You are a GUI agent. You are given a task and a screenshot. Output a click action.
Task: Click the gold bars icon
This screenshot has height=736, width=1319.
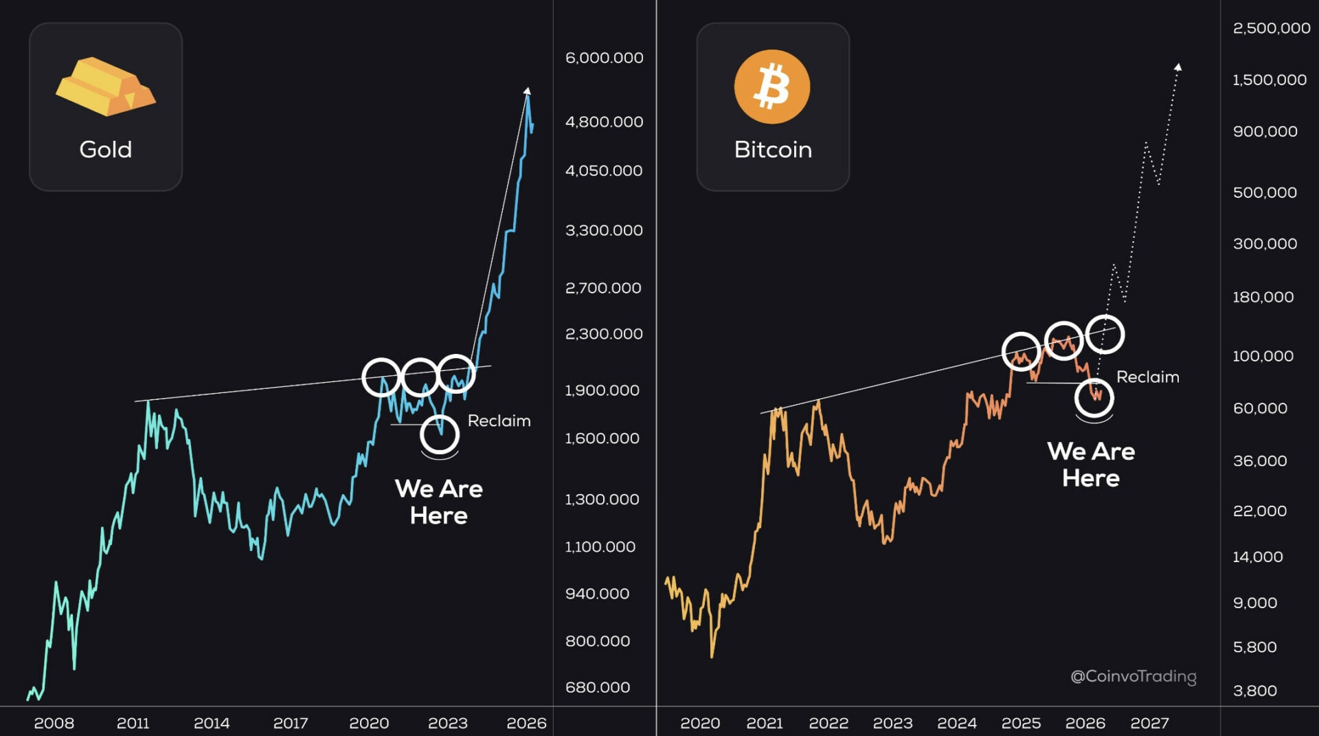(105, 87)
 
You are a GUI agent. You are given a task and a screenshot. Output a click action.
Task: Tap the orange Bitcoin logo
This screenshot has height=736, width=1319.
(772, 87)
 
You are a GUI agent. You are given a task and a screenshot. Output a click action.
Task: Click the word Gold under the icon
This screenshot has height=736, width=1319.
(105, 149)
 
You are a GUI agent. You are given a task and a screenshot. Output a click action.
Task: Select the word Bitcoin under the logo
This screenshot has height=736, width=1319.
(773, 149)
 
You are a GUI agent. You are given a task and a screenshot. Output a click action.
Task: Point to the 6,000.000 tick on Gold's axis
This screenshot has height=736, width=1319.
(604, 58)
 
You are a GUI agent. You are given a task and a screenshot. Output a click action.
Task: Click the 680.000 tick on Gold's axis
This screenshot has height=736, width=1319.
(597, 687)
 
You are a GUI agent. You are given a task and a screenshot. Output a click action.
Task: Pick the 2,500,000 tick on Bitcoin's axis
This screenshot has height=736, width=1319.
(1271, 28)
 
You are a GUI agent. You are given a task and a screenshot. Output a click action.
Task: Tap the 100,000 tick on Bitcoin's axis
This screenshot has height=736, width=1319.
(1263, 356)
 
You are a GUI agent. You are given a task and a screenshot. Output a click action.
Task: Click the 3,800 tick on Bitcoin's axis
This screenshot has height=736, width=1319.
(1254, 691)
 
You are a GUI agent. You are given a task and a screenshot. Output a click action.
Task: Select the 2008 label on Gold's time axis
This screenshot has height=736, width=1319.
(54, 723)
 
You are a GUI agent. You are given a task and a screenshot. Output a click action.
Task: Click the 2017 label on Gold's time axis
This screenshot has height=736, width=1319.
(290, 723)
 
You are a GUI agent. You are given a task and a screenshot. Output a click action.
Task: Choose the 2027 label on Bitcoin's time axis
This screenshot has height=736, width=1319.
(1149, 723)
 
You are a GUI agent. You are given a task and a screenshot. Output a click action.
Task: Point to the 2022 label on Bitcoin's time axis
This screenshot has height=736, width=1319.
(828, 723)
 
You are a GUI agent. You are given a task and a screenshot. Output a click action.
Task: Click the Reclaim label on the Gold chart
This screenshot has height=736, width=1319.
(499, 421)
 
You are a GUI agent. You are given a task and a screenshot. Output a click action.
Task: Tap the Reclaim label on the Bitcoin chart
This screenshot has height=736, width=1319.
(1147, 377)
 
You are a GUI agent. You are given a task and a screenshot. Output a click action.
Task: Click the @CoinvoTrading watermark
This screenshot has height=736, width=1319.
(1133, 676)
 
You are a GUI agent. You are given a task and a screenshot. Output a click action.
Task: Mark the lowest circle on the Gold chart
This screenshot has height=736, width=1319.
(440, 434)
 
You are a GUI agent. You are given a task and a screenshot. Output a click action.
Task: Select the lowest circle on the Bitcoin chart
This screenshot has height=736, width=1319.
(1094, 397)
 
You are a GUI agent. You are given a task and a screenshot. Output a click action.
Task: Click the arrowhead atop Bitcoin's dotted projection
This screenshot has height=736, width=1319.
(1178, 67)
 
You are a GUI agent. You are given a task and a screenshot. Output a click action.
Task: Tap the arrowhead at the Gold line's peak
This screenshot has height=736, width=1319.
(527, 91)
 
